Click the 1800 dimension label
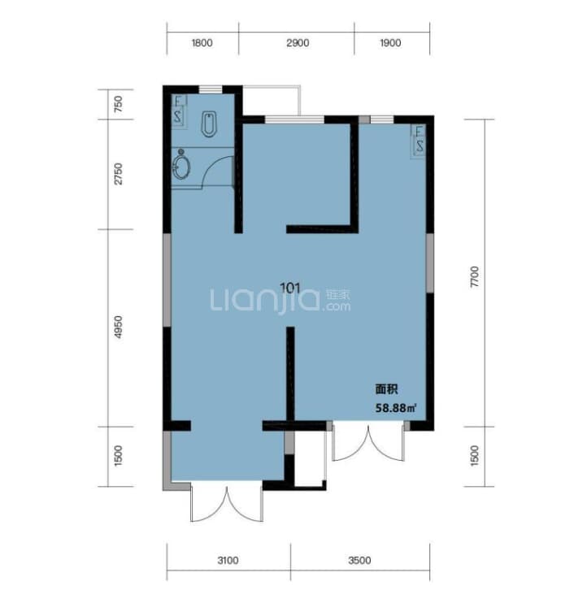click(x=202, y=43)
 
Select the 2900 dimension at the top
click(x=298, y=43)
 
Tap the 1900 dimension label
click(x=390, y=43)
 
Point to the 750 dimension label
click(x=119, y=104)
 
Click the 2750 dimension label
click(x=119, y=174)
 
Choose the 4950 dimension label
click(x=119, y=327)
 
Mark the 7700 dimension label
click(x=475, y=277)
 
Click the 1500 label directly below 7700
click(x=475, y=456)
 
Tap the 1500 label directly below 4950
click(x=119, y=456)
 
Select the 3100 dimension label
click(x=228, y=560)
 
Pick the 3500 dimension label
click(x=359, y=560)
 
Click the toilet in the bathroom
click(x=209, y=124)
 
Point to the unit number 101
click(x=290, y=288)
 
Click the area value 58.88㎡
click(x=396, y=408)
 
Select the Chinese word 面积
click(x=386, y=389)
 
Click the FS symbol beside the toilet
click(x=178, y=110)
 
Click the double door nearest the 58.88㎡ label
click(x=368, y=442)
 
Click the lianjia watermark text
click(x=280, y=300)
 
